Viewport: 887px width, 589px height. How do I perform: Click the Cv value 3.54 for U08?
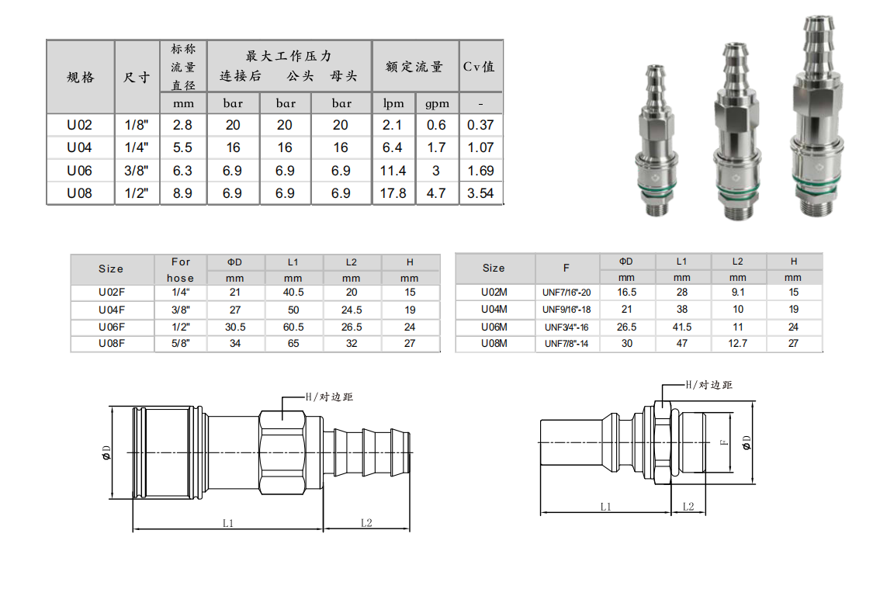click(480, 193)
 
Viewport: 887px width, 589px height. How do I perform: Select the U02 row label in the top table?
click(79, 125)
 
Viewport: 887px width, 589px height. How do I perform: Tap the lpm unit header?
click(393, 103)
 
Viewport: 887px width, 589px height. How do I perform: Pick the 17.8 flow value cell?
click(393, 193)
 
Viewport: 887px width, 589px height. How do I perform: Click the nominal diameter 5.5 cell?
click(182, 147)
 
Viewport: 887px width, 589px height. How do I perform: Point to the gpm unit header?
click(437, 103)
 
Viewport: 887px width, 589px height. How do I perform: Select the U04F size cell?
click(112, 310)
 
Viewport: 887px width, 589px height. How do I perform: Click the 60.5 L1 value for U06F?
click(293, 327)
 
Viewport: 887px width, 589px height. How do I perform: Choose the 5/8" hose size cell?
click(181, 344)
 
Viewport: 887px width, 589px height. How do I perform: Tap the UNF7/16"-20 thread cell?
click(567, 293)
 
